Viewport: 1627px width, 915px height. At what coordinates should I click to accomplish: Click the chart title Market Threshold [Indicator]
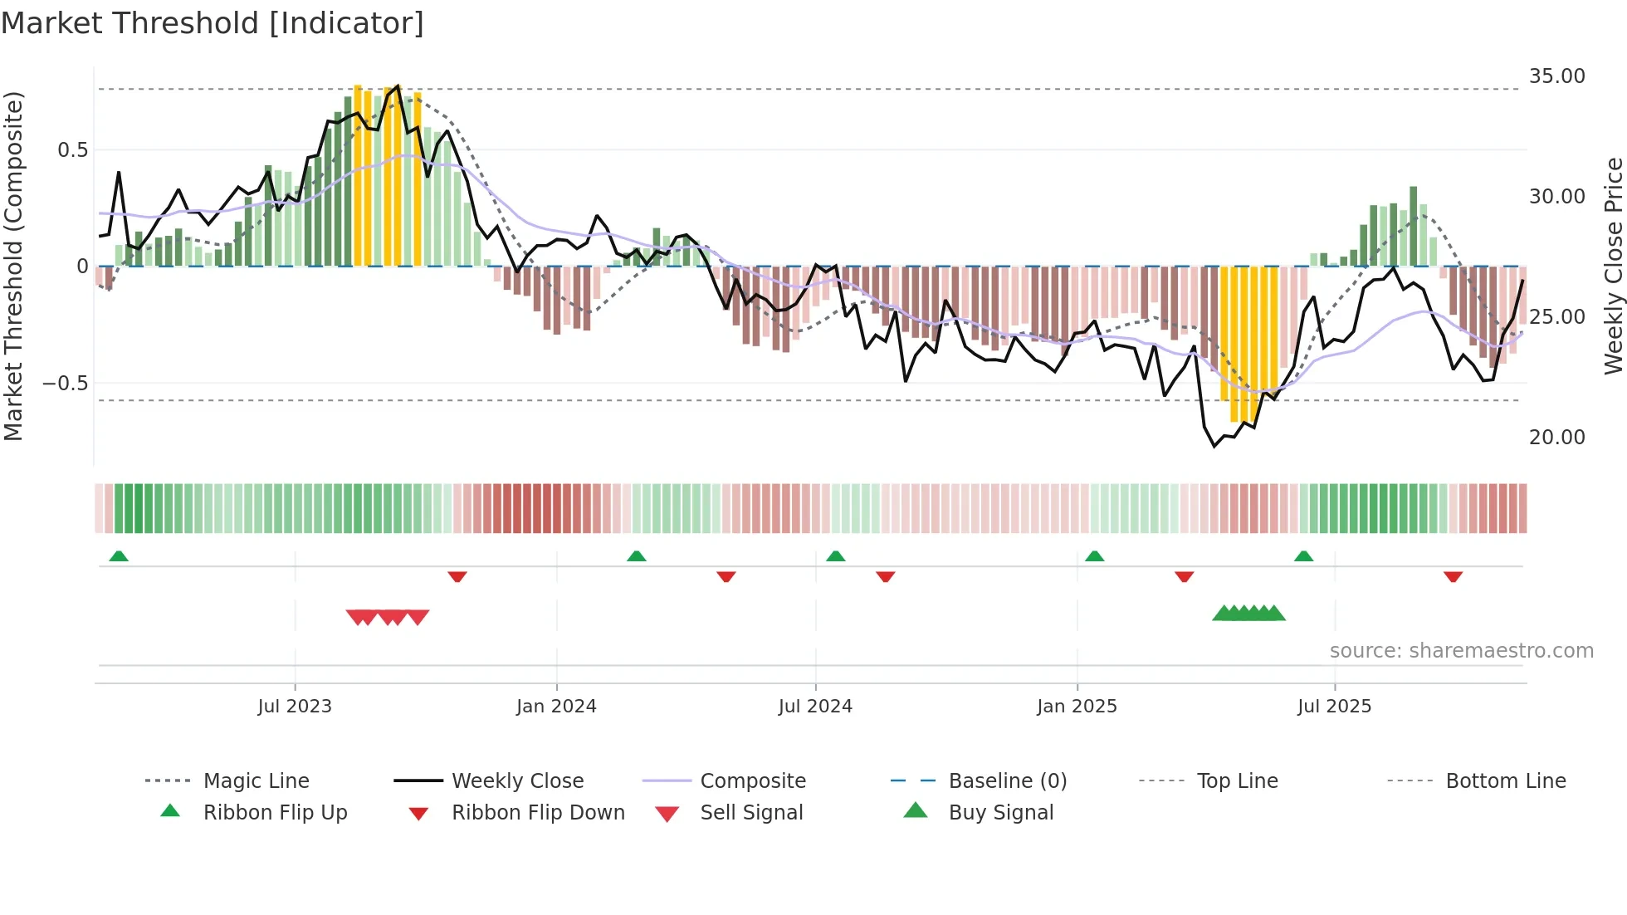213,23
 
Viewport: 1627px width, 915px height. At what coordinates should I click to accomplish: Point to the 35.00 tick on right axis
1556,76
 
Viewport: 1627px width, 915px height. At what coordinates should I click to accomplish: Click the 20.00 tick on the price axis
1556,438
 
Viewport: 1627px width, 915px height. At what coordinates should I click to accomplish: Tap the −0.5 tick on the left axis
65,384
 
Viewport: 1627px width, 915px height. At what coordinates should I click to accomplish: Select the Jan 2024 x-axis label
556,707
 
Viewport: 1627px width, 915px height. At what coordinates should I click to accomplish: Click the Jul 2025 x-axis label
1334,707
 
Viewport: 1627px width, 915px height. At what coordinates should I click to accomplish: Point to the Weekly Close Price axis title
1613,266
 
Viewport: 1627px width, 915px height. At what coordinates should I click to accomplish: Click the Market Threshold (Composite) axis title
13,266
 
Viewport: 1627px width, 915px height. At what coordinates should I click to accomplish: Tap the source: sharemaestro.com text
1461,651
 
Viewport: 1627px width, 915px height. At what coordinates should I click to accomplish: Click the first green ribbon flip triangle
119,556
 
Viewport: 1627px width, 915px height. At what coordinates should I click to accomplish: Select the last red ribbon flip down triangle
1453,576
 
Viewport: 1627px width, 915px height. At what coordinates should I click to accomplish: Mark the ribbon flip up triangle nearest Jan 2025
1094,556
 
